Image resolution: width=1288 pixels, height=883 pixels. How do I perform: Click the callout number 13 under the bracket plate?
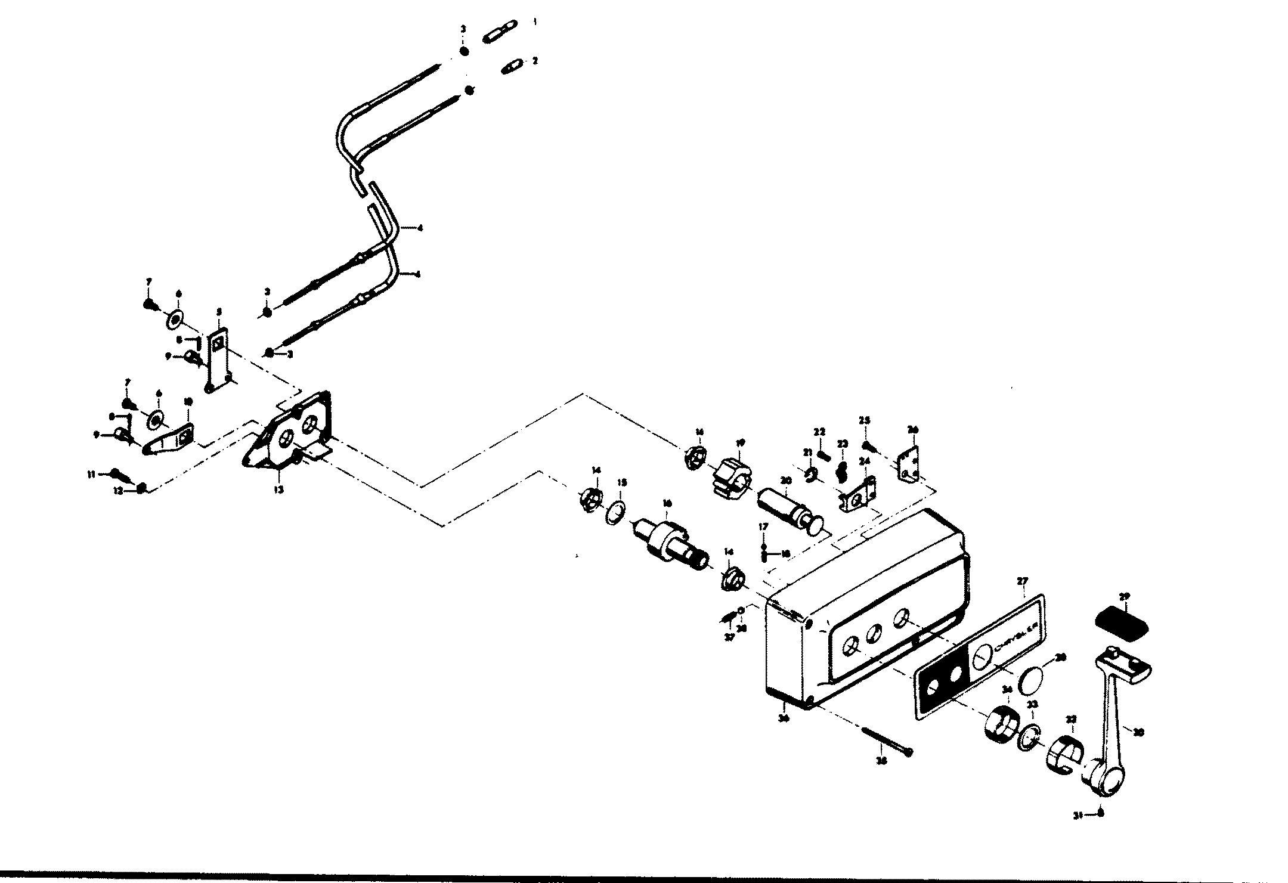pyautogui.click(x=278, y=489)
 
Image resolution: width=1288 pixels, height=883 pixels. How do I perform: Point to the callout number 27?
pyautogui.click(x=1023, y=580)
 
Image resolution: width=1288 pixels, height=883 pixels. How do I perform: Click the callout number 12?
pyautogui.click(x=118, y=490)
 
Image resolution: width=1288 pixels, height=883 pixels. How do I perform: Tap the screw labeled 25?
pyautogui.click(x=869, y=445)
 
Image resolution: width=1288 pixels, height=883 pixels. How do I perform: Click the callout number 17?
pyautogui.click(x=763, y=526)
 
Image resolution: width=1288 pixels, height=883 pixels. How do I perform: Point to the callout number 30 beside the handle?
pyautogui.click(x=1138, y=733)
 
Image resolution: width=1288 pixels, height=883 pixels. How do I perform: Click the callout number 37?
pyautogui.click(x=729, y=637)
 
